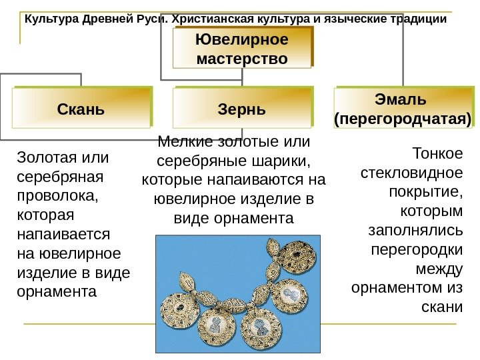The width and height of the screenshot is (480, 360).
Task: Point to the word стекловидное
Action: (411, 173)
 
